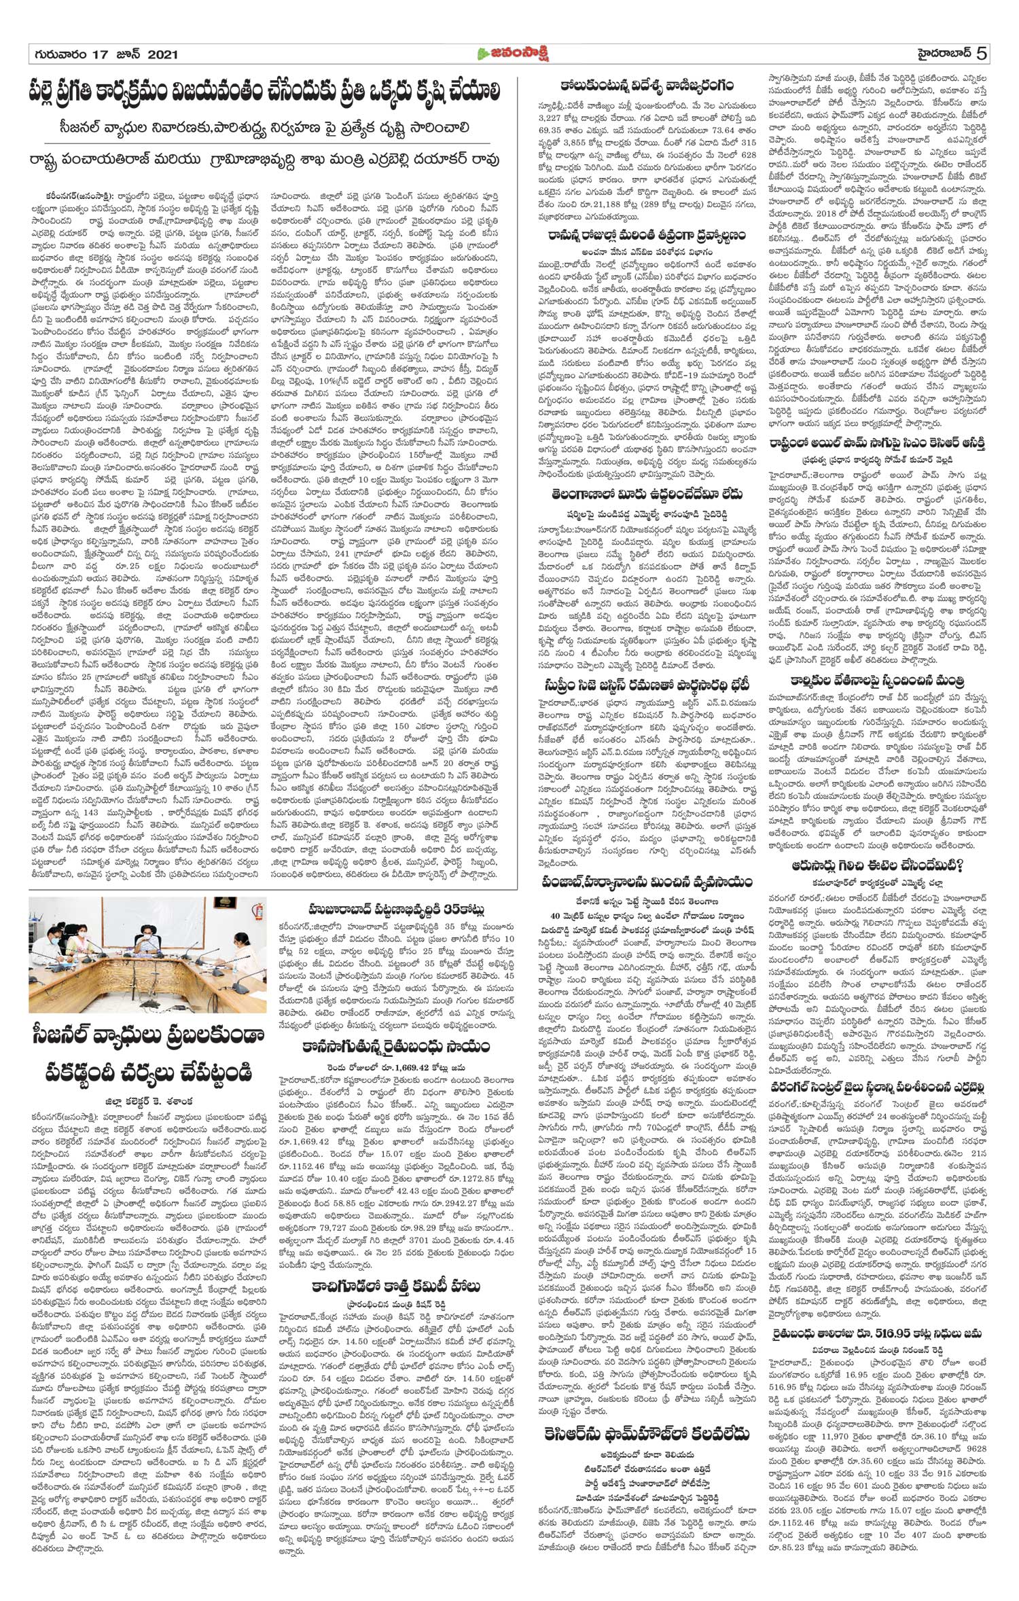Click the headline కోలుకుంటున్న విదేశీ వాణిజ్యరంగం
(x=647, y=86)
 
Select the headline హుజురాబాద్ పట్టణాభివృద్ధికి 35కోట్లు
(x=397, y=908)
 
